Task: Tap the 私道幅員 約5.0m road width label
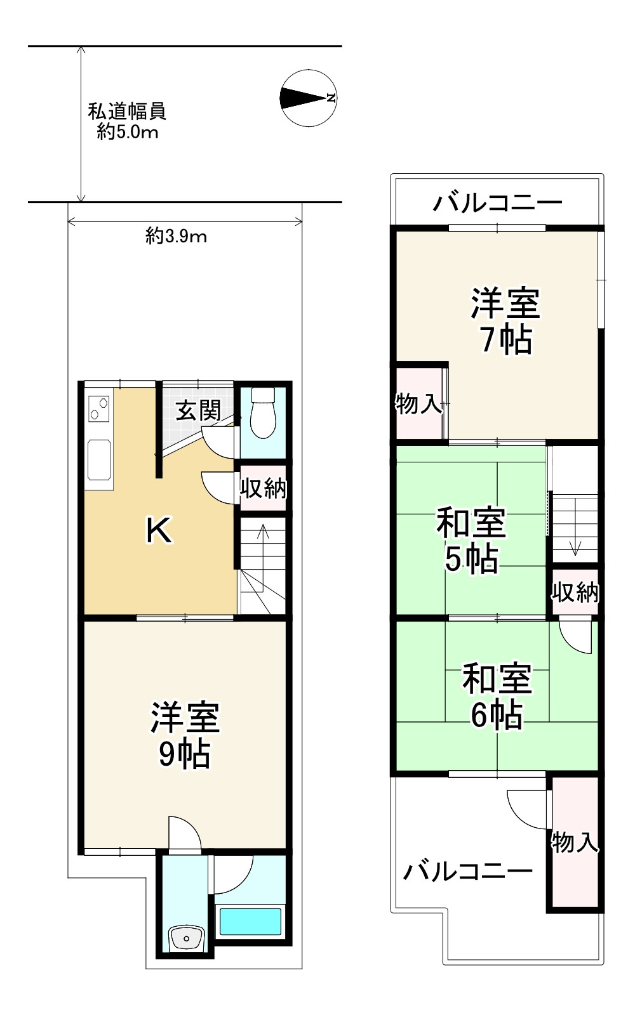tap(127, 121)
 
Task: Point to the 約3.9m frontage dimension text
tap(176, 237)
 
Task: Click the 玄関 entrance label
tap(198, 410)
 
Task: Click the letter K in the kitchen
tap(158, 530)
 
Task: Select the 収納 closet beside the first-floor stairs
tap(263, 488)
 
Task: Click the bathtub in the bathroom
tap(250, 922)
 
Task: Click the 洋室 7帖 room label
tap(505, 321)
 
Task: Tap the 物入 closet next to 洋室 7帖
tap(418, 403)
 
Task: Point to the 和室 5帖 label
tap(471, 540)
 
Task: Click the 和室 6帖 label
tap(497, 696)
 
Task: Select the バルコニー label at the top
tap(498, 203)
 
